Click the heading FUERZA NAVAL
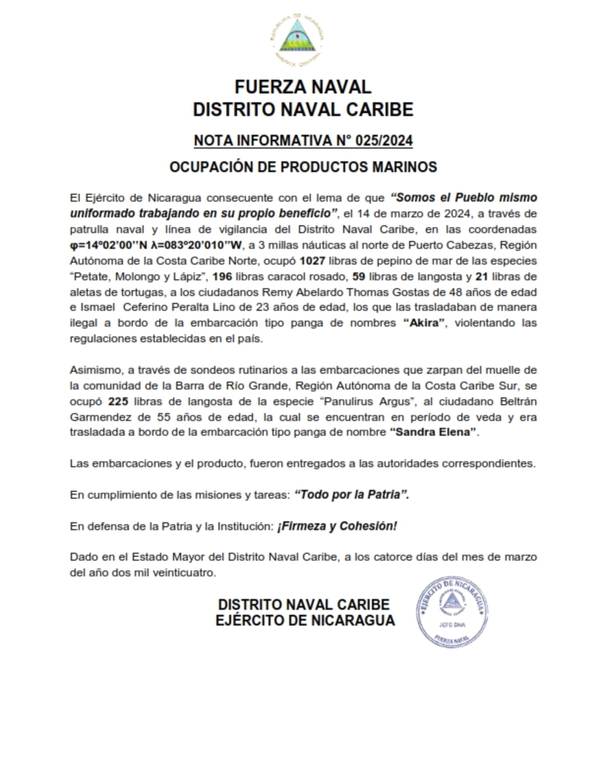[302, 87]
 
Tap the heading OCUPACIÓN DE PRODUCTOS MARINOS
[303, 167]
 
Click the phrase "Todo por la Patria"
[352, 495]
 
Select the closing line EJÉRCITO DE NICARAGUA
[305, 621]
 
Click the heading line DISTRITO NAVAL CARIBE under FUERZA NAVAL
[302, 110]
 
